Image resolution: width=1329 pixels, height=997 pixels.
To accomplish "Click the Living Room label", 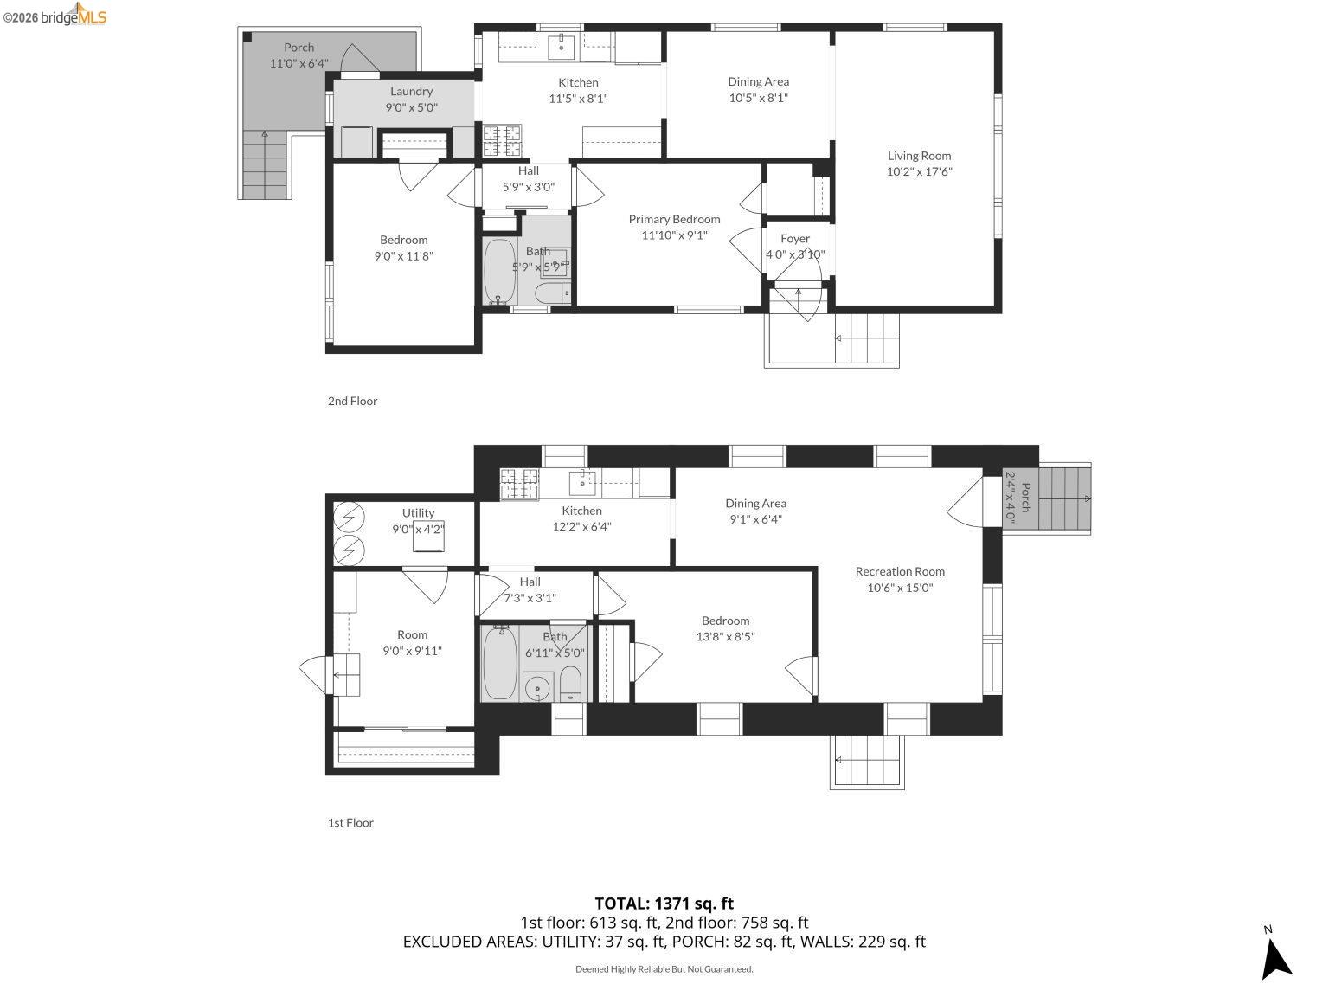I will pos(919,156).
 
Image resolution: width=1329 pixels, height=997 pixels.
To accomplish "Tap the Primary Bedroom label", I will pos(674,219).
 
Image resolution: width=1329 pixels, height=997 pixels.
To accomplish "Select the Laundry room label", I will pos(411,91).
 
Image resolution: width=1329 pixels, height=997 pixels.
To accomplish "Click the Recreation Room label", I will pos(900,571).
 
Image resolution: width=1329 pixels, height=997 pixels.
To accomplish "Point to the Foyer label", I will pos(795,239).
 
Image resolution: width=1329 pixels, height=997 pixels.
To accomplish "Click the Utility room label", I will pos(418,513).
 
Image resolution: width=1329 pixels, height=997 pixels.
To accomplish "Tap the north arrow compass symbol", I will pos(1275,956).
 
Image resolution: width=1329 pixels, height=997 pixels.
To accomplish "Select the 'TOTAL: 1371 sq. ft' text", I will pos(664,904).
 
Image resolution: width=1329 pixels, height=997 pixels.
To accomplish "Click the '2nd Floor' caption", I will pos(352,401).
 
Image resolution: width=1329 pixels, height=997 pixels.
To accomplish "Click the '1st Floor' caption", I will pos(350,822).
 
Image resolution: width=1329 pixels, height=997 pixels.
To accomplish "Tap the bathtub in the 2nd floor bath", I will pos(499,271).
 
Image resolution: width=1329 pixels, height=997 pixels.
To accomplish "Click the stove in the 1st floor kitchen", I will pos(519,484).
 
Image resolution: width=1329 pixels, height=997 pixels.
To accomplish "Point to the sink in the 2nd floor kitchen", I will pos(562,47).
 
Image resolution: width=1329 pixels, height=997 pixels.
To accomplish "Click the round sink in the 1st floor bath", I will pos(538,688).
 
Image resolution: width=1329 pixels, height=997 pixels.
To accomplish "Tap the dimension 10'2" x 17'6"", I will pos(919,171).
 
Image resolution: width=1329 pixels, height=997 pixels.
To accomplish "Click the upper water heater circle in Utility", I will pos(350,518).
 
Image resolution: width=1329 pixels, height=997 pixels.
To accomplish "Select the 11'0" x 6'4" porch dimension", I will pos(299,63).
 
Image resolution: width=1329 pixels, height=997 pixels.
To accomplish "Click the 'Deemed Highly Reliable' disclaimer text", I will pos(664,969).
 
